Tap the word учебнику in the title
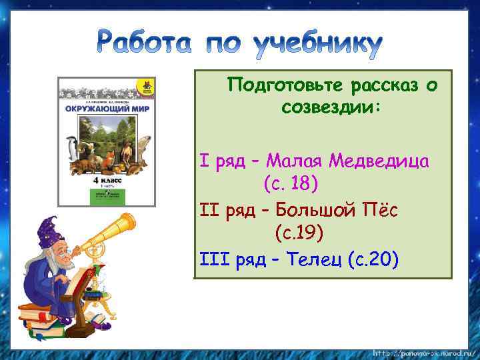(318, 45)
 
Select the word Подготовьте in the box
(282, 85)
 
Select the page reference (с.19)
(299, 233)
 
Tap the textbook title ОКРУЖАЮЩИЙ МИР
(107, 107)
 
